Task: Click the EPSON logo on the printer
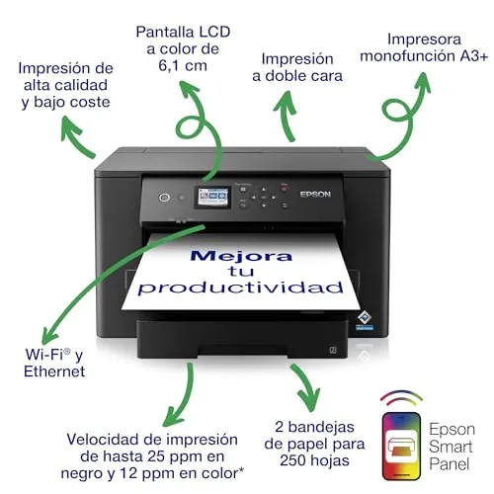pos(315,195)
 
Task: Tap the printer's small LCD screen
pos(212,197)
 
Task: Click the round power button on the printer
pos(164,198)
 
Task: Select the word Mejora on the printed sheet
pos(241,256)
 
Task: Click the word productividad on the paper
pos(241,288)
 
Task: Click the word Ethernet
pos(54,371)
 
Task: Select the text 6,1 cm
pos(183,65)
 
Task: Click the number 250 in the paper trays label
pos(292,460)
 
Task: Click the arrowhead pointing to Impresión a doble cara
pos(286,102)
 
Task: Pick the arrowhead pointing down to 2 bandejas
pos(309,400)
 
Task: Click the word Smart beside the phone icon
pos(451,447)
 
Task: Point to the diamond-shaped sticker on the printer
pos(365,317)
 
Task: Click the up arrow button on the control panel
pos(264,190)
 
